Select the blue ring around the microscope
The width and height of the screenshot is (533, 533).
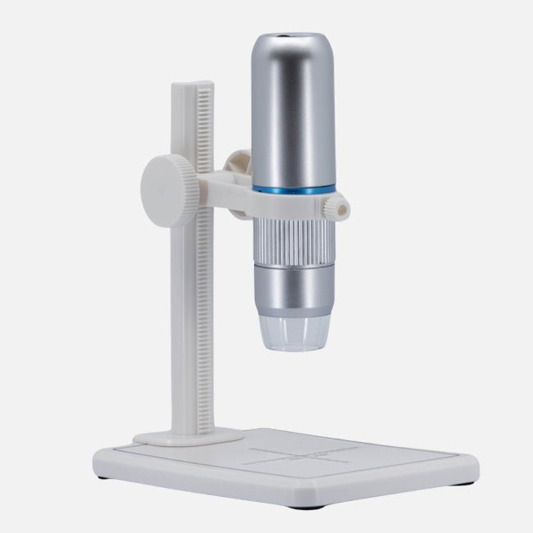tap(294, 189)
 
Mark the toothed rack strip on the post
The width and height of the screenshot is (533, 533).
tap(205, 246)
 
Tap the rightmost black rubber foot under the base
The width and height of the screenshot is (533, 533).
tap(467, 481)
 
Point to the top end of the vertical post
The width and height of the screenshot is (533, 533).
tap(194, 84)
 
